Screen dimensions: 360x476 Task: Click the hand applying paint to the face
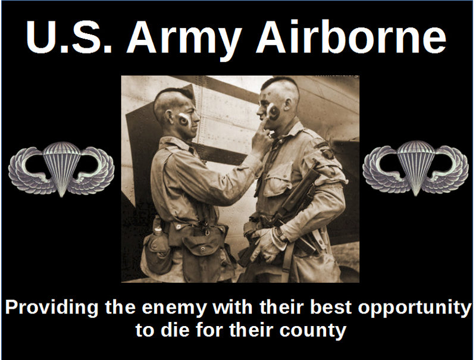(x=261, y=139)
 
